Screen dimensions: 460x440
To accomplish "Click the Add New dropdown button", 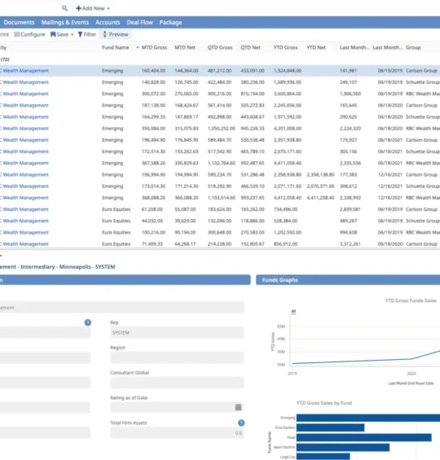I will (x=93, y=7).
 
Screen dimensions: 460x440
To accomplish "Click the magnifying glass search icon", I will (x=64, y=7).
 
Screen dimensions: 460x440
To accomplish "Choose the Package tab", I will (x=170, y=23).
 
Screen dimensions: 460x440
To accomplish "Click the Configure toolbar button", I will (x=29, y=35).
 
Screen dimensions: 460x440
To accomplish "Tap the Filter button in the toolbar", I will (x=86, y=35).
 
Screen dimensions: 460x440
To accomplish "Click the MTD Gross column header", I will (x=155, y=48).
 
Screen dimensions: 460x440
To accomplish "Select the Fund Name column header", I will (x=115, y=48).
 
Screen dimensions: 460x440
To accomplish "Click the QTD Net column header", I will (x=251, y=48).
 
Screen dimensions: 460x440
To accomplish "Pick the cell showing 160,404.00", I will (x=153, y=71).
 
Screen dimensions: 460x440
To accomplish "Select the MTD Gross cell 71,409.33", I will (x=153, y=243).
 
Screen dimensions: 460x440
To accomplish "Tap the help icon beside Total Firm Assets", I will (x=241, y=423).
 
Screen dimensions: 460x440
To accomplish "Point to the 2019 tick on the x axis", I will (x=293, y=372).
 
